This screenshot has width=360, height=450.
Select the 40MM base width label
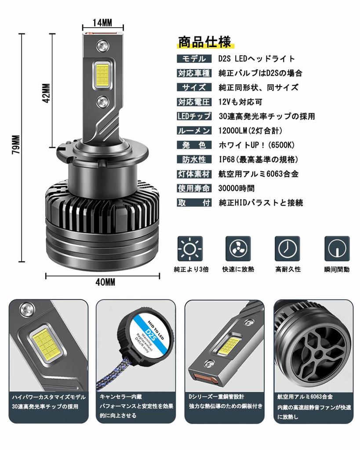tap(105, 283)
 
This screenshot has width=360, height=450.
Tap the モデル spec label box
tap(193, 59)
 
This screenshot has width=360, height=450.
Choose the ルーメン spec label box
tap(193, 131)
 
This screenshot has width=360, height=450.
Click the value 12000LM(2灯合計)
tap(250, 131)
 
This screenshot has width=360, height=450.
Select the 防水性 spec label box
tap(193, 159)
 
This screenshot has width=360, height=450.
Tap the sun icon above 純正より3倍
tap(190, 249)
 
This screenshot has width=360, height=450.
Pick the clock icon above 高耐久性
tap(287, 249)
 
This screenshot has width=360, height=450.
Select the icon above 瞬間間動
tap(337, 249)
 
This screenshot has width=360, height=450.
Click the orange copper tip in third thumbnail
tap(205, 377)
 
